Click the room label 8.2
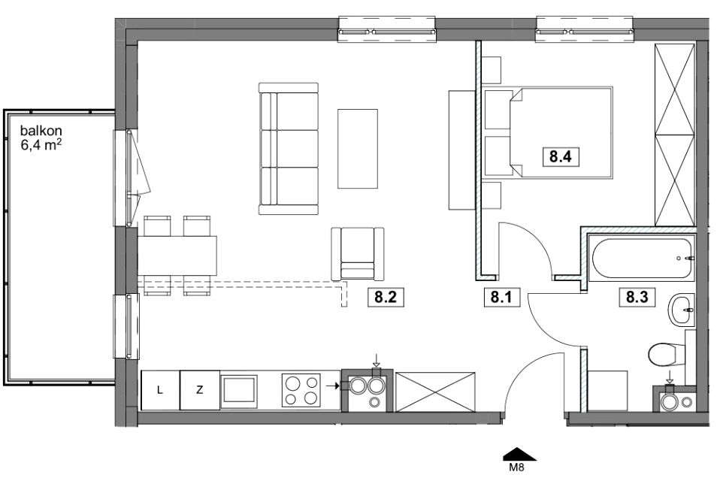pyautogui.click(x=385, y=298)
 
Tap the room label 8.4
pyautogui.click(x=561, y=157)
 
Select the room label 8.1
pyautogui.click(x=501, y=298)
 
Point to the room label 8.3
pyautogui.click(x=637, y=298)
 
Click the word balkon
pyautogui.click(x=41, y=131)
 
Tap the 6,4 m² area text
pyautogui.click(x=41, y=145)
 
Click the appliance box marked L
pyautogui.click(x=160, y=390)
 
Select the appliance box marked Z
pyautogui.click(x=200, y=390)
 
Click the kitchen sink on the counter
pyautogui.click(x=239, y=391)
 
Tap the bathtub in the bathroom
pyautogui.click(x=642, y=258)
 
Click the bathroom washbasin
pyautogui.click(x=682, y=310)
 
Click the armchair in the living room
pyautogui.click(x=358, y=254)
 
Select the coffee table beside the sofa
pyautogui.click(x=358, y=149)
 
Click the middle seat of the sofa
pyautogui.click(x=289, y=149)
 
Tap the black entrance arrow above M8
pyautogui.click(x=520, y=454)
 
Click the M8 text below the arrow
pyautogui.click(x=517, y=467)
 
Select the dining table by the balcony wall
pyautogui.click(x=177, y=255)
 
